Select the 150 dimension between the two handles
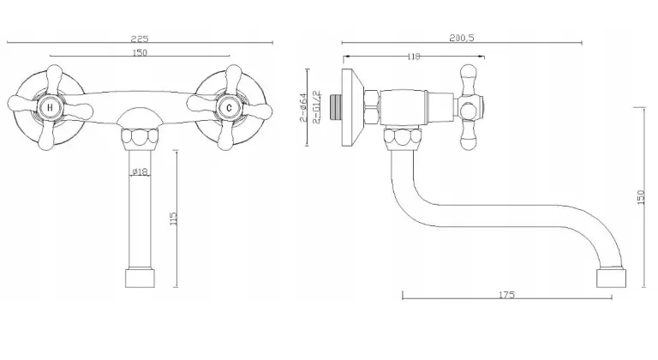140,53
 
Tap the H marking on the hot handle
51,107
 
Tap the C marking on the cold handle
228,107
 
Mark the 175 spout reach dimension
505,296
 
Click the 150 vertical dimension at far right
641,197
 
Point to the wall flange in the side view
350,99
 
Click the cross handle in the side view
470,107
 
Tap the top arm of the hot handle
53,77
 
